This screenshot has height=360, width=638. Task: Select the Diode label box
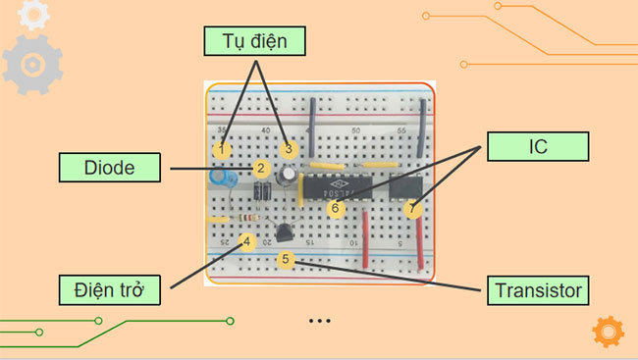click(108, 167)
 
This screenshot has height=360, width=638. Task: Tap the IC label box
click(537, 147)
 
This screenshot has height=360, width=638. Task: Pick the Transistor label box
click(537, 290)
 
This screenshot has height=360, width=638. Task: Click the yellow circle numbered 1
click(223, 149)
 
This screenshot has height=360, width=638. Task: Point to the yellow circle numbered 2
click(261, 169)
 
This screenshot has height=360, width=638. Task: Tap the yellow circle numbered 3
click(288, 149)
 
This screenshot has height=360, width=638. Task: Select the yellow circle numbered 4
click(247, 240)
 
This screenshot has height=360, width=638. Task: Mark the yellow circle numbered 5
click(286, 260)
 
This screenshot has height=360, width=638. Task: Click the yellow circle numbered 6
click(335, 208)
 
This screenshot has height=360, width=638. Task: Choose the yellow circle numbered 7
click(412, 209)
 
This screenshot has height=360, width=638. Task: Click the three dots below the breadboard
click(319, 321)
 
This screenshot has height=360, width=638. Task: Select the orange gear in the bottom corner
click(609, 332)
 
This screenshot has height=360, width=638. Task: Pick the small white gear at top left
click(34, 13)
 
